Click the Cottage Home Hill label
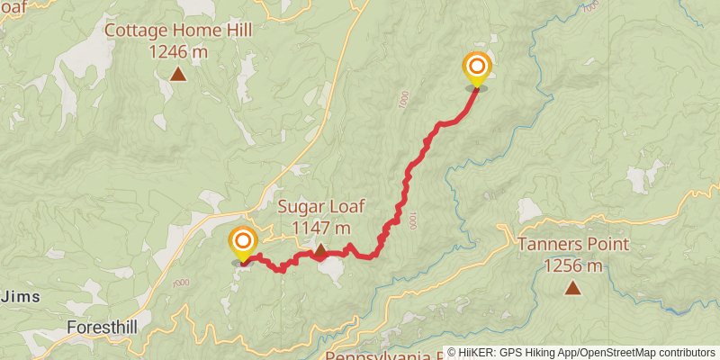[178, 31]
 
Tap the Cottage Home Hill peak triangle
[178, 75]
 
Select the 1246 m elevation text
[178, 51]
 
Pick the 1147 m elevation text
[320, 228]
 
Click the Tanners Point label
[573, 245]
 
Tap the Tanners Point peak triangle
[572, 288]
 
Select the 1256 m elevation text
[573, 265]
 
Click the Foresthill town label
[103, 328]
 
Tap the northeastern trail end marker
[476, 68]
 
